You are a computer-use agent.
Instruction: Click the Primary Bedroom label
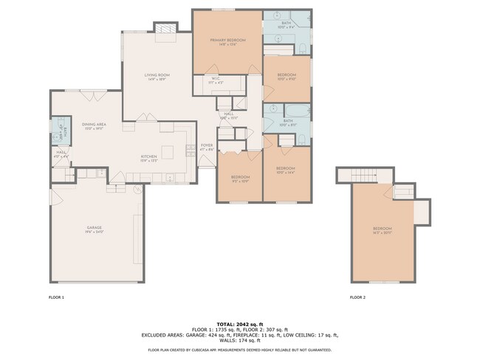(227, 41)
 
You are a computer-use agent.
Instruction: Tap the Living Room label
(157, 75)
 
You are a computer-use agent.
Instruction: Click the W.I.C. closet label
(216, 80)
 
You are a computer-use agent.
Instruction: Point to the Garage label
(94, 228)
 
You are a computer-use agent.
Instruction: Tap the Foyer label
(207, 147)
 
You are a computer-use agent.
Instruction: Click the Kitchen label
(150, 157)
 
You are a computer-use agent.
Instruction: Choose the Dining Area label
(94, 125)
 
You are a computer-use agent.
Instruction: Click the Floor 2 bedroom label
(382, 229)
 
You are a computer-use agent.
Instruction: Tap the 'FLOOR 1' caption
(57, 297)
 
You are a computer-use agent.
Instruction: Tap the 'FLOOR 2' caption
(357, 297)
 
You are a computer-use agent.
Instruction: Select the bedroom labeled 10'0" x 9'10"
(287, 77)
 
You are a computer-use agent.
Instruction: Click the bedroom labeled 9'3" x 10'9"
(240, 178)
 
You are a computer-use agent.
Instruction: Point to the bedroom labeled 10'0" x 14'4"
(285, 170)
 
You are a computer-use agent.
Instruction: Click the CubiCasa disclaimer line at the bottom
(239, 350)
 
